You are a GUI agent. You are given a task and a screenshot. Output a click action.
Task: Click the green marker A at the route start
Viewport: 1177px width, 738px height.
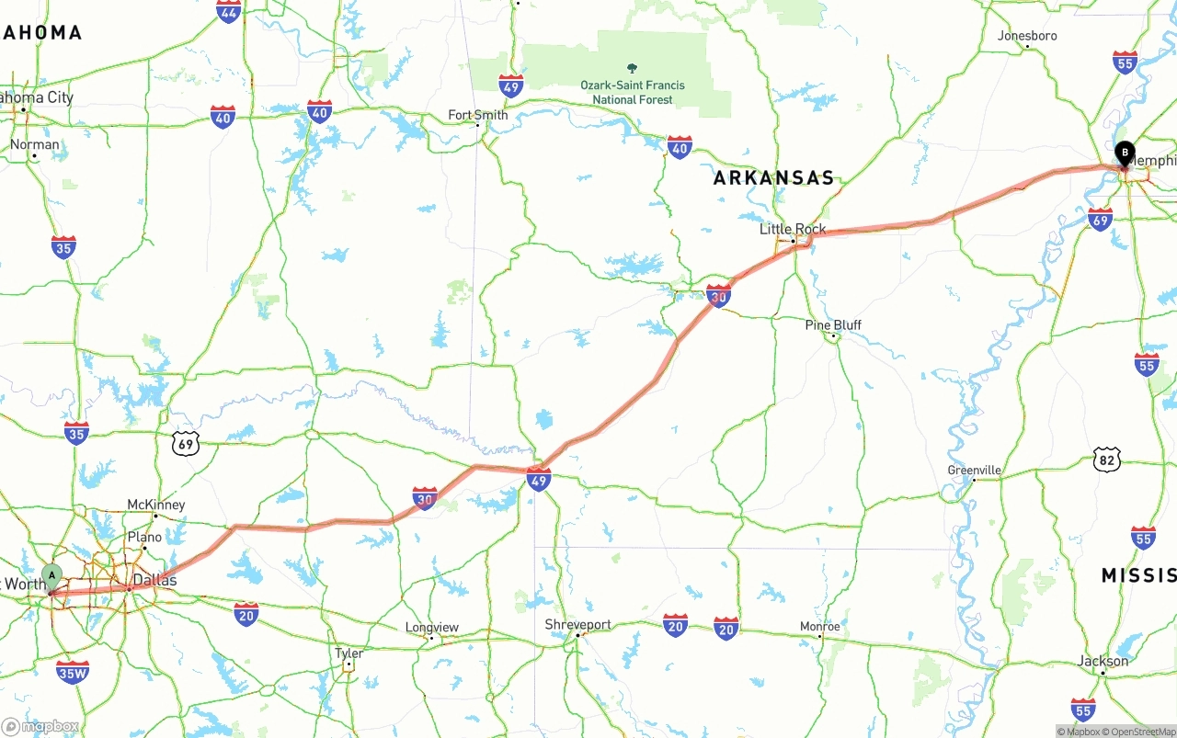point(52,577)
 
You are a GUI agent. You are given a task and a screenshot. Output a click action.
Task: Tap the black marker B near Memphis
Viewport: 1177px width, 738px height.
point(1124,153)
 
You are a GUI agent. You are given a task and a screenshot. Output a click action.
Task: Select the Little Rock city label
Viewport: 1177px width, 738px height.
point(792,229)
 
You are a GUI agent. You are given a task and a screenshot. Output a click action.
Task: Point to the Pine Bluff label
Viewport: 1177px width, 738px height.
point(833,325)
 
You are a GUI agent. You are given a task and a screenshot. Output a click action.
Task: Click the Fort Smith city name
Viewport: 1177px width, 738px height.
point(477,115)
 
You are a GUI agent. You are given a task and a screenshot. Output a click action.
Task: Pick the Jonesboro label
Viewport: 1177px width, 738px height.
point(1027,36)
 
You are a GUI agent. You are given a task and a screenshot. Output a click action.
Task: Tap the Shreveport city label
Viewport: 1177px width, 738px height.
point(578,625)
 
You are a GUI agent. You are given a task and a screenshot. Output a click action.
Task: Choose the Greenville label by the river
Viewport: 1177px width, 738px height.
point(974,470)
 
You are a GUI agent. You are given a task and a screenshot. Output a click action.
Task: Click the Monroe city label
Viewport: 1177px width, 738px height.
point(819,627)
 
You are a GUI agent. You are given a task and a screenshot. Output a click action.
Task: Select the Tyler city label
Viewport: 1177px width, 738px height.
point(349,653)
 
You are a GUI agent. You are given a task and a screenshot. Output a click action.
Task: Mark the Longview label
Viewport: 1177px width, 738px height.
point(432,628)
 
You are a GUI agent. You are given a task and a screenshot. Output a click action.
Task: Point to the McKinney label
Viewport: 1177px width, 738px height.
point(155,505)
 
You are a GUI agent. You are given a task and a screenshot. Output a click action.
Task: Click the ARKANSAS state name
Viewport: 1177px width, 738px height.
point(773,178)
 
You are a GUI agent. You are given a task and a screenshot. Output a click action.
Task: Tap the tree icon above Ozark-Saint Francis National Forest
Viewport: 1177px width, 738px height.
point(632,68)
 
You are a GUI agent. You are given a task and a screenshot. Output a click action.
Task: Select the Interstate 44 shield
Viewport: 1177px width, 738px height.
point(229,11)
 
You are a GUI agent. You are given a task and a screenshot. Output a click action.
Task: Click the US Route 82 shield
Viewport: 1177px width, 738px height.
point(1107,460)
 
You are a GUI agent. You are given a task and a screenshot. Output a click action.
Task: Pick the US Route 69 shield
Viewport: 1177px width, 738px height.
point(186,445)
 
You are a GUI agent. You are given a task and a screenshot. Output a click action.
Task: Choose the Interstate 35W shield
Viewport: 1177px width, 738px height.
point(73,672)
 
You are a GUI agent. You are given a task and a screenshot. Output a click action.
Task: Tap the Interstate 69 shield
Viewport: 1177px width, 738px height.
point(1100,219)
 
